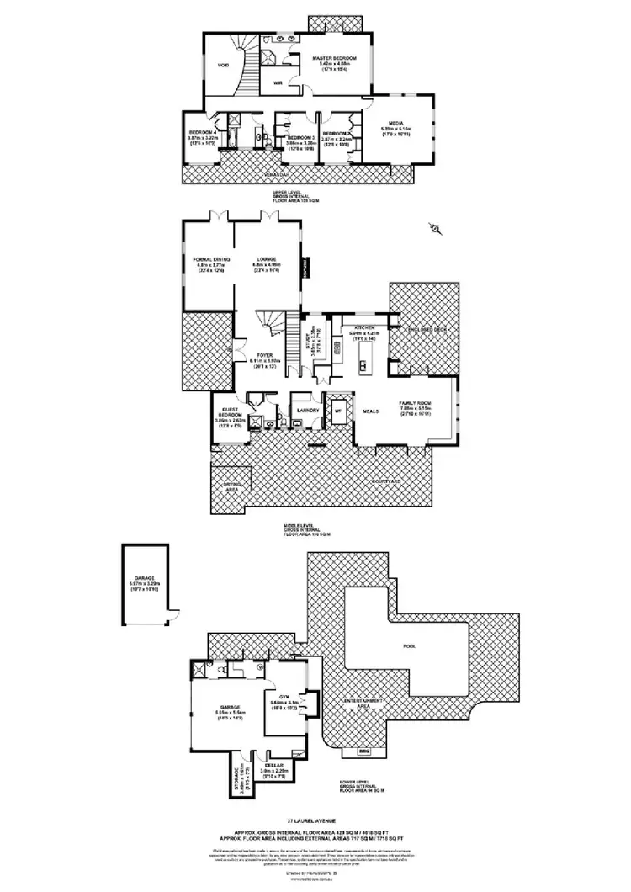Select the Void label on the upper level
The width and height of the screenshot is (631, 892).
tap(224, 65)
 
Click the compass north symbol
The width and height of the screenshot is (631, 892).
tap(436, 227)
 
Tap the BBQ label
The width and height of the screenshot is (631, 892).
tap(364, 750)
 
